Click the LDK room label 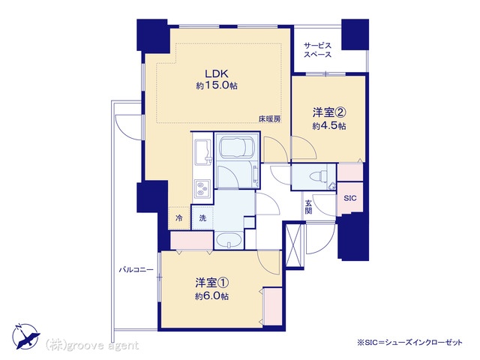tap(217, 73)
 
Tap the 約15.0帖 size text tap(217, 85)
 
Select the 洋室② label tap(329, 112)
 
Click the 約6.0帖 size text tap(211, 296)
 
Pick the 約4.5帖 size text tap(329, 126)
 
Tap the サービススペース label tap(317, 50)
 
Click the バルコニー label tap(136, 270)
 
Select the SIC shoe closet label tap(350, 198)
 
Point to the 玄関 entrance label tap(308, 207)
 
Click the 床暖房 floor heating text tap(269, 119)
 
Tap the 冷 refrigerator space tap(178, 218)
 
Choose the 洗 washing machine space tap(202, 218)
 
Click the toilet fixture tap(318, 177)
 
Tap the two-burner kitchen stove tap(202, 188)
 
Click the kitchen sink tap(202, 152)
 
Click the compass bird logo tap(26, 337)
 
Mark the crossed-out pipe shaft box tap(294, 245)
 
